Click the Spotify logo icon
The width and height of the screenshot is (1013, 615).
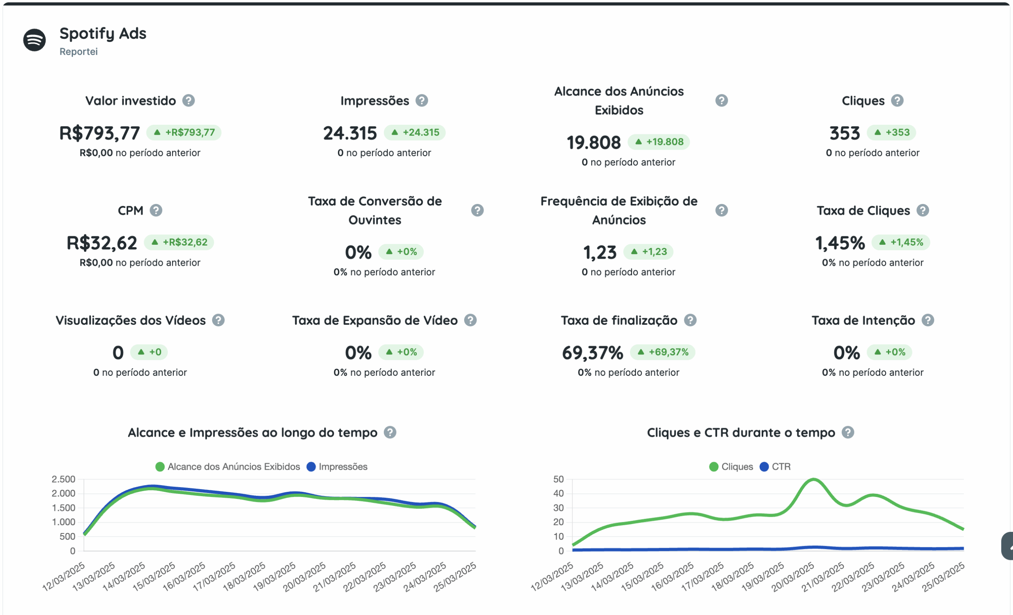click(34, 40)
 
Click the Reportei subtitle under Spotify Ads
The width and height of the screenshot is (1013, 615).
click(78, 51)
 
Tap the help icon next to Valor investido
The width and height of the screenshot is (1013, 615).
click(189, 100)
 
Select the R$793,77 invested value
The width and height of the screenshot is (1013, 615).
click(99, 133)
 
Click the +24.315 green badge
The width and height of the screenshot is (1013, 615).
click(415, 132)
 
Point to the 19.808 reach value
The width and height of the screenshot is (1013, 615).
click(594, 142)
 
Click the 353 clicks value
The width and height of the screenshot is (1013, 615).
click(844, 133)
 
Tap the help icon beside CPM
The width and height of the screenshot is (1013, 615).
click(156, 210)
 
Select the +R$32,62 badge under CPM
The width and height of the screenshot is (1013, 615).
click(179, 242)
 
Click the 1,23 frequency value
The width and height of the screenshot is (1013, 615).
click(600, 252)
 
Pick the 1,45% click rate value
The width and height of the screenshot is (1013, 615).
click(840, 243)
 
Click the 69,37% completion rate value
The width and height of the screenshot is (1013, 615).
click(592, 352)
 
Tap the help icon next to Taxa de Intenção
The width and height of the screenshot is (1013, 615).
click(928, 320)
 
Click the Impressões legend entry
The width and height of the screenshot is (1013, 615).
click(338, 466)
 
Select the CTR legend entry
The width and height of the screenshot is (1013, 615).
click(775, 466)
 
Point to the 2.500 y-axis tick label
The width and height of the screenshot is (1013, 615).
click(63, 479)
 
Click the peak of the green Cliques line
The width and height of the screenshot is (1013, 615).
click(814, 480)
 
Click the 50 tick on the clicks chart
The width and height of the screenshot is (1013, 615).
click(558, 479)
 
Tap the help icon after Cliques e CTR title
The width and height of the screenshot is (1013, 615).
click(848, 432)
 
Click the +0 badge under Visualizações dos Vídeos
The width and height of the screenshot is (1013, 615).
click(149, 352)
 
